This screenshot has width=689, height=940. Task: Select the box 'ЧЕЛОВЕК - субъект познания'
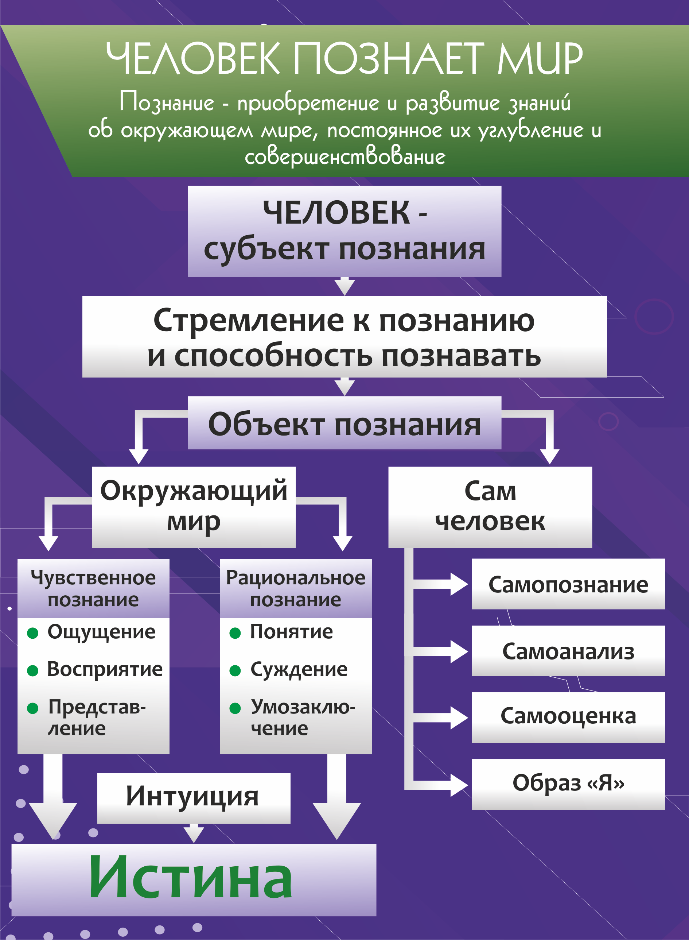pyautogui.click(x=344, y=231)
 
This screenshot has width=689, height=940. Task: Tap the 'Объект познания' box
pyautogui.click(x=344, y=423)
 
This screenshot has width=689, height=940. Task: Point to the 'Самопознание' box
pyautogui.click(x=568, y=584)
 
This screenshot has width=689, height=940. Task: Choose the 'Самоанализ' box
pyautogui.click(x=568, y=651)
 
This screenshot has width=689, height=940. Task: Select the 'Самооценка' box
pyautogui.click(x=568, y=716)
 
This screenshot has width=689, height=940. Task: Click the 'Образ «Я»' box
pyautogui.click(x=568, y=783)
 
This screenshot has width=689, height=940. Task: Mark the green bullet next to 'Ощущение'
pyautogui.click(x=32, y=633)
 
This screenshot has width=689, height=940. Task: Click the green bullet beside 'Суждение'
pyautogui.click(x=235, y=670)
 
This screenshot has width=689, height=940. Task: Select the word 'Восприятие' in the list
pyautogui.click(x=105, y=669)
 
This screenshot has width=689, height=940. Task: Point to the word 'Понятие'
pyautogui.click(x=292, y=632)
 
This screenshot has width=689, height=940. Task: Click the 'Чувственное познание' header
pyautogui.click(x=93, y=588)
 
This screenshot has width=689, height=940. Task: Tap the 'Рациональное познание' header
pyautogui.click(x=295, y=588)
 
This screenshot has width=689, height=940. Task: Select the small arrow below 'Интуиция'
pyautogui.click(x=194, y=833)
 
